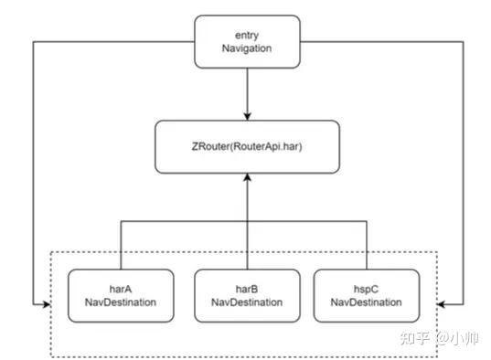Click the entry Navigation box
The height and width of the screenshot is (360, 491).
[247, 41]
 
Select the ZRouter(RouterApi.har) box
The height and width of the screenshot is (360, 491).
[247, 145]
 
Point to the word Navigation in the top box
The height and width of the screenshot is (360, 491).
[247, 48]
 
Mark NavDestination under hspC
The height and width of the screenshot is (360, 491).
[367, 302]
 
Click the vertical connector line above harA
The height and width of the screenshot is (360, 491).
[122, 242]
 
